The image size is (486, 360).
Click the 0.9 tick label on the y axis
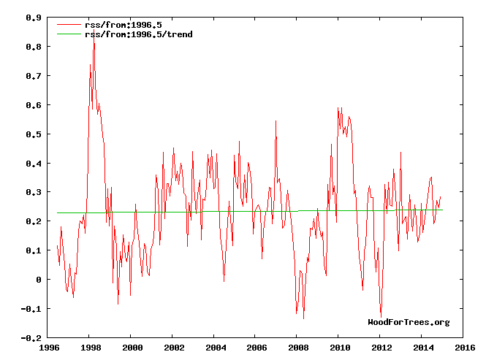click(x=33, y=18)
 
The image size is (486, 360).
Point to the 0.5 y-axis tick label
click(x=33, y=134)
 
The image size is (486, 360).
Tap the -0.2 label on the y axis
click(x=31, y=339)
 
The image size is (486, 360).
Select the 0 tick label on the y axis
click(x=38, y=280)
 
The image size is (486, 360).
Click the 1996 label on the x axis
click(x=49, y=348)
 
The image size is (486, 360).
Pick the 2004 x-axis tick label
click(x=215, y=348)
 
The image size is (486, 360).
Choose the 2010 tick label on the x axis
click(x=339, y=348)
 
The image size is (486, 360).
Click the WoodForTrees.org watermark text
click(x=409, y=322)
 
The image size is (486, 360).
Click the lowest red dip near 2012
click(x=381, y=315)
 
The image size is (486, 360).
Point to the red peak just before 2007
click(x=276, y=121)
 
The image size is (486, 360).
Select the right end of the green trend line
click(x=442, y=210)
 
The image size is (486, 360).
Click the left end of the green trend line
click(x=57, y=212)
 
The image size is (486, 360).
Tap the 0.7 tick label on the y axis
click(x=33, y=76)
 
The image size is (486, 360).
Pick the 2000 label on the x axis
click(x=132, y=348)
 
